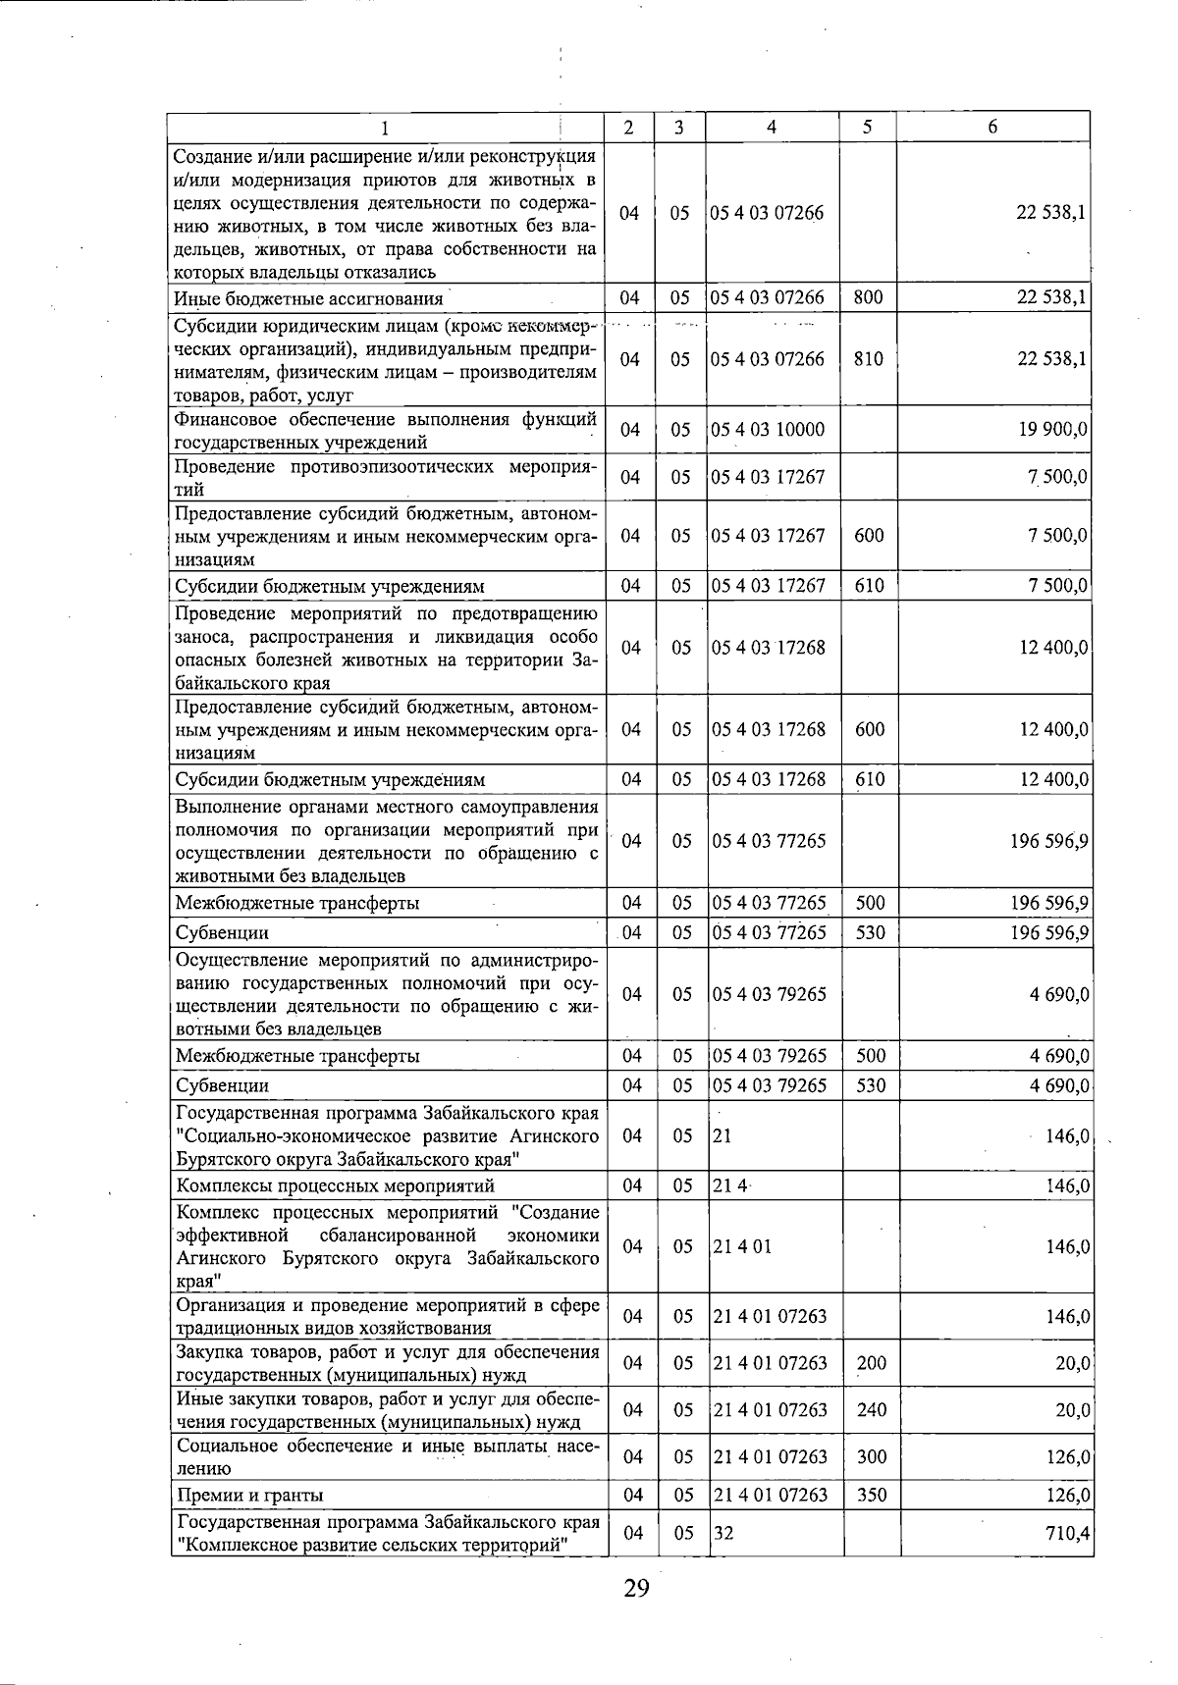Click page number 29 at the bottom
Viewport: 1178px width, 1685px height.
(636, 1588)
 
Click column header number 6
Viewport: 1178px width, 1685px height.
(992, 128)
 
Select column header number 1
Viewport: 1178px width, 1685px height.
(385, 128)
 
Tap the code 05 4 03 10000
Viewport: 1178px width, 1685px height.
(768, 430)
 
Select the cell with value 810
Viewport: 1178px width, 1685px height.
(868, 359)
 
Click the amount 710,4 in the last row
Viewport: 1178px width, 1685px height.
(1069, 1533)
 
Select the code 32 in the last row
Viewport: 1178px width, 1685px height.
(723, 1533)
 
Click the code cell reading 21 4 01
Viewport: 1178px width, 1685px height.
(742, 1246)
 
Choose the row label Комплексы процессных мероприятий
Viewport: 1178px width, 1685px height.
(335, 1186)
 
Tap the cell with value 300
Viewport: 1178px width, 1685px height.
(871, 1457)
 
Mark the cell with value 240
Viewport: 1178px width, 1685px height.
(871, 1410)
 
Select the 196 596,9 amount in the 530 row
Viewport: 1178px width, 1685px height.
(1049, 932)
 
